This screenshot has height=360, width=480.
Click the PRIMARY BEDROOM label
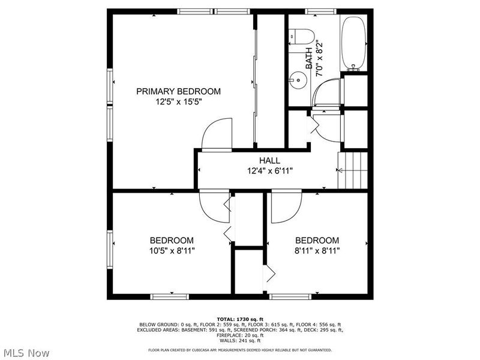pos(178,91)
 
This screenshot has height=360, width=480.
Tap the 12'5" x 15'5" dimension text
pos(178,101)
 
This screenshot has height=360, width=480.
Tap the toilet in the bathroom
pos(299,36)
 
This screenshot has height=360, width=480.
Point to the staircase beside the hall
pos(352,170)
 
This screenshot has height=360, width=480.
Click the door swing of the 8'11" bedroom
pos(285,208)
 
